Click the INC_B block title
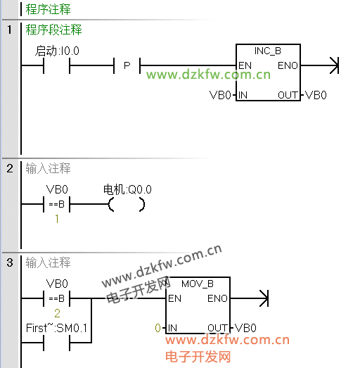pyautogui.click(x=268, y=51)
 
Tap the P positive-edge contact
pyautogui.click(x=127, y=65)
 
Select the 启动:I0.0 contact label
pyautogui.click(x=57, y=51)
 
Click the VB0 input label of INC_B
pyautogui.click(x=220, y=95)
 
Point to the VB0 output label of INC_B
pyautogui.click(x=316, y=95)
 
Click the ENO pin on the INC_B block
pyautogui.click(x=288, y=65)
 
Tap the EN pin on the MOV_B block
pyautogui.click(x=174, y=298)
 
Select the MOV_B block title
pyautogui.click(x=198, y=284)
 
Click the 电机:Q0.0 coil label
pyautogui.click(x=127, y=189)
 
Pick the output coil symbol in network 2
pyautogui.click(x=127, y=205)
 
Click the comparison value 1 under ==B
pyautogui.click(x=57, y=219)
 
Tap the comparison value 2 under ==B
pyautogui.click(x=57, y=313)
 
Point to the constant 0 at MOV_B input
pyautogui.click(x=157, y=328)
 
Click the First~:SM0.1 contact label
pyautogui.click(x=56, y=328)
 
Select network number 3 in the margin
pyautogui.click(x=10, y=262)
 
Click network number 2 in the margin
pyautogui.click(x=10, y=168)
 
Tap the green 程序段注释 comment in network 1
pyautogui.click(x=53, y=30)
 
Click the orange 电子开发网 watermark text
pyautogui.click(x=198, y=357)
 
